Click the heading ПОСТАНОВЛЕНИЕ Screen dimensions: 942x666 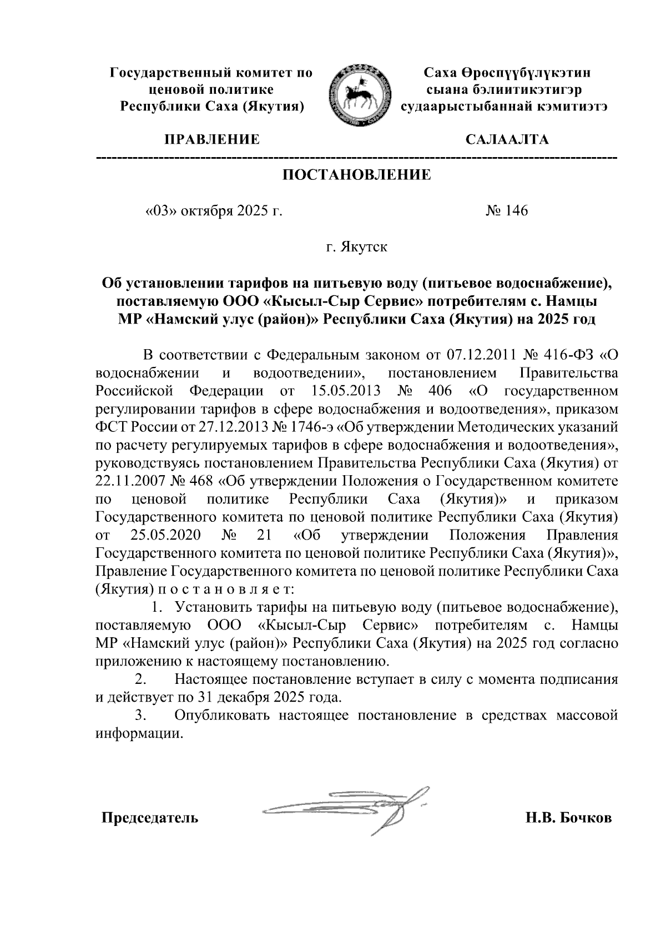357,175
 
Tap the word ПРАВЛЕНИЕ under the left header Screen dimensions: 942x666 210,139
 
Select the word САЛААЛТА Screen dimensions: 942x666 506,139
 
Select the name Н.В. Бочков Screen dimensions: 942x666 569,818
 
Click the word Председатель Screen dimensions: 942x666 149,818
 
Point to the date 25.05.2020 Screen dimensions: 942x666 166,535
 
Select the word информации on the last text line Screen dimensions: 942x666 138,733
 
